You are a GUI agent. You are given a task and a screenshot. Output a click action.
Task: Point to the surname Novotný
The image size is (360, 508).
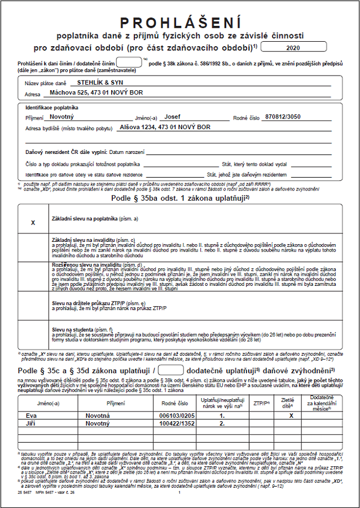62,117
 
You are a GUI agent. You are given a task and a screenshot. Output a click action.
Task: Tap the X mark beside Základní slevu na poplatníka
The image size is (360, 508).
33,223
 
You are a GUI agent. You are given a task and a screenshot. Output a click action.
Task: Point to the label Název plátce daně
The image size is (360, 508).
43,83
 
